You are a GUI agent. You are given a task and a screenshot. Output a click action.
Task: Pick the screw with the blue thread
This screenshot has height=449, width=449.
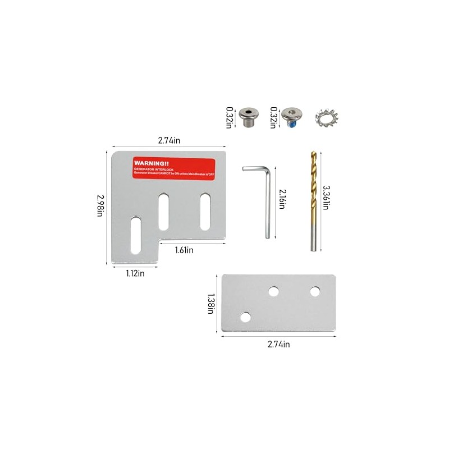pos(291,117)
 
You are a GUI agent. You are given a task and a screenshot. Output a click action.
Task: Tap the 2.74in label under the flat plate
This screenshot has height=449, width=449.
pos(278,344)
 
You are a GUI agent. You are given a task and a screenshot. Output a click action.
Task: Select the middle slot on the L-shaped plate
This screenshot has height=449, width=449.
pos(164,210)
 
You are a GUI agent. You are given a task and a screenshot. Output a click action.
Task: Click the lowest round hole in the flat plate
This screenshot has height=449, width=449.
pos(245,318)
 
